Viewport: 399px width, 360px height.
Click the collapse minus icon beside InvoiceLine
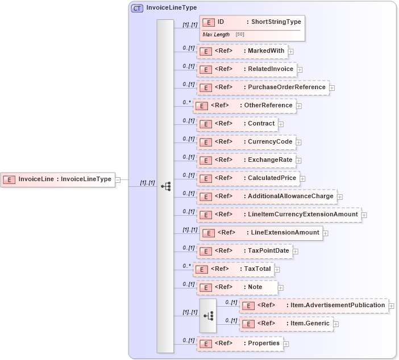(x=118, y=179)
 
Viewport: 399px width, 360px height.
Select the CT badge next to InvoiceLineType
(x=137, y=8)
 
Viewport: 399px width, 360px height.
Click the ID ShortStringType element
(x=252, y=22)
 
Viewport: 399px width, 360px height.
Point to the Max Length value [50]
(x=240, y=35)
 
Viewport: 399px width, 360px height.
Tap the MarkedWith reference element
(x=242, y=51)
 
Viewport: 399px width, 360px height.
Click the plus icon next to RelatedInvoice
(x=300, y=69)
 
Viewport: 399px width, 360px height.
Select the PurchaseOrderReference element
(x=263, y=87)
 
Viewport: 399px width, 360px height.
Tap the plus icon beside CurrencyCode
(x=298, y=142)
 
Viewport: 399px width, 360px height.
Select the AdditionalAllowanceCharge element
(x=267, y=196)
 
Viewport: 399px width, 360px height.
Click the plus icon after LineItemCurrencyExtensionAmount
(x=364, y=215)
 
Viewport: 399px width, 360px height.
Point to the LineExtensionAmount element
(x=261, y=233)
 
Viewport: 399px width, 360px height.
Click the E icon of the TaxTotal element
(x=201, y=269)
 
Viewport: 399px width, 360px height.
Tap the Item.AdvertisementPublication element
(x=313, y=305)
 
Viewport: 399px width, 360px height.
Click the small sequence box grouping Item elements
(x=208, y=316)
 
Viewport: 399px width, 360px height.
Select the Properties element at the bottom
(x=239, y=344)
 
